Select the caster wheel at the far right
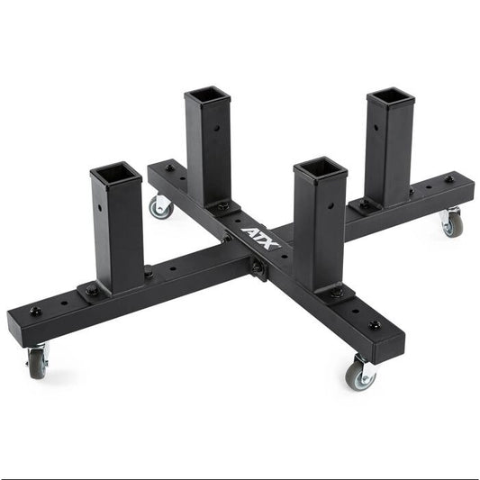click(451, 224)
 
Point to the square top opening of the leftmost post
click(115, 171)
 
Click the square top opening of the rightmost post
click(391, 95)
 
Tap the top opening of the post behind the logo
click(208, 95)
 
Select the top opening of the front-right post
click(320, 168)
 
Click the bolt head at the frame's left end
click(36, 312)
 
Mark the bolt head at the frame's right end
click(448, 178)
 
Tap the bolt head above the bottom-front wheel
click(375, 324)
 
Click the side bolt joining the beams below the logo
click(258, 267)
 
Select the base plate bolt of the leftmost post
click(92, 290)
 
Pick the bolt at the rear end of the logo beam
click(168, 168)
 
